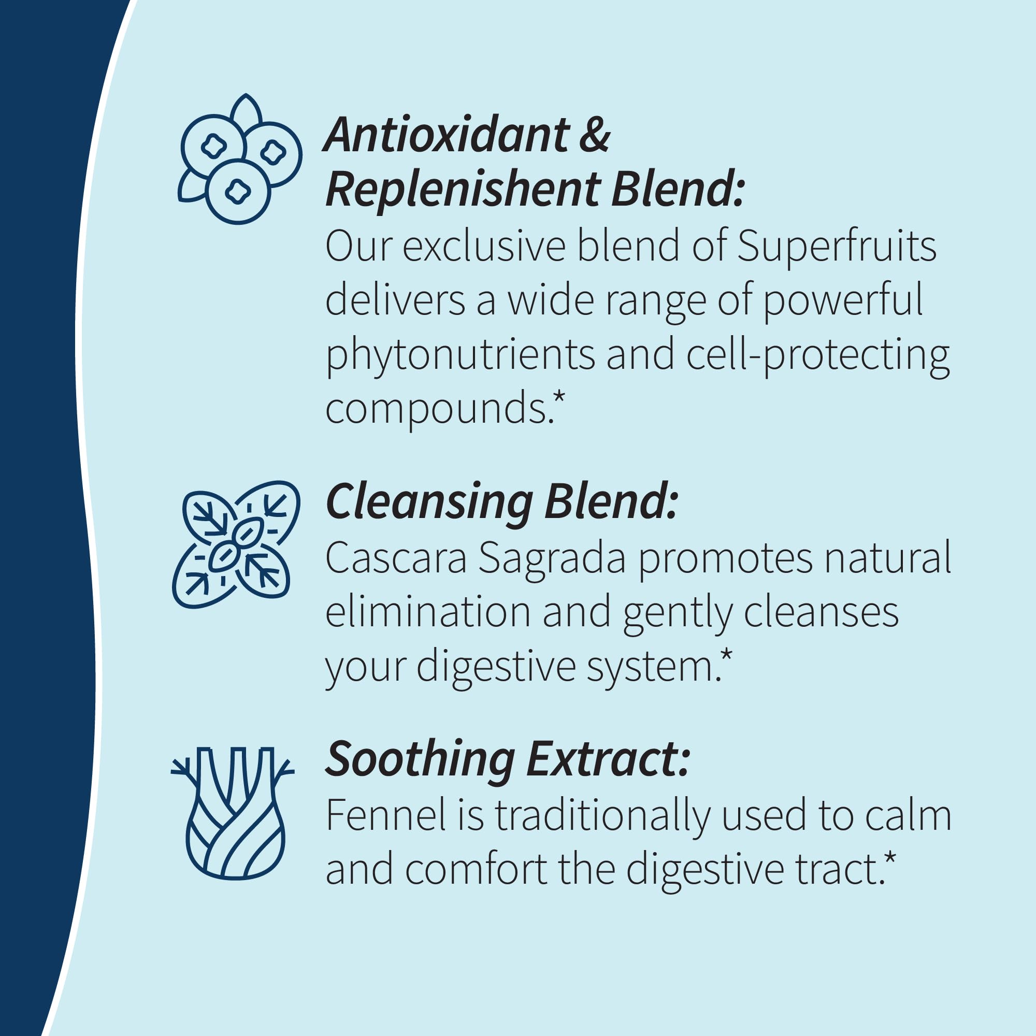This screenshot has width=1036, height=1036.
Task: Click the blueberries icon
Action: pos(240,160)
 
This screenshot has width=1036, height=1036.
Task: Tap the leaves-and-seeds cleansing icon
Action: pos(235,544)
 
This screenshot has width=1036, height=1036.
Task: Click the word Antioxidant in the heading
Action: pos(447,135)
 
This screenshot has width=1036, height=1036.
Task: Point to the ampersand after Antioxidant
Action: pos(594,135)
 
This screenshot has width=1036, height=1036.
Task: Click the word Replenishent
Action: pos(463,189)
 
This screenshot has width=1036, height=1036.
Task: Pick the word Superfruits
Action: pos(837,247)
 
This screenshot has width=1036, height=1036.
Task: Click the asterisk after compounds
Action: pos(559,398)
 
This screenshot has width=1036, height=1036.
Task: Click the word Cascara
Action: pos(396,558)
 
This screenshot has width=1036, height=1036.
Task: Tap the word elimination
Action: pos(428,612)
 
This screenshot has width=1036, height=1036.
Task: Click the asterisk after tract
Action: pos(889,858)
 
